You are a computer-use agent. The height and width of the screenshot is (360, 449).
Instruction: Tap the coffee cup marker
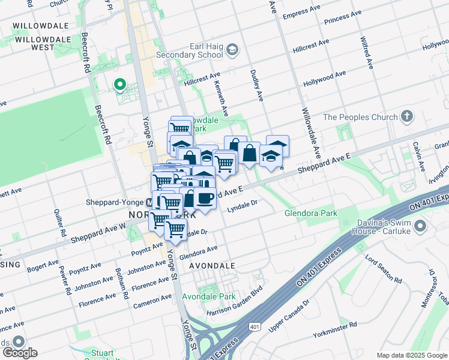coord(205,197)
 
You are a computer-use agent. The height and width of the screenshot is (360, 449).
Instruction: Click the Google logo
coord(19,353)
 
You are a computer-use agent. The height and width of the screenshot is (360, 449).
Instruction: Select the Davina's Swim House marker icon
coord(420,226)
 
